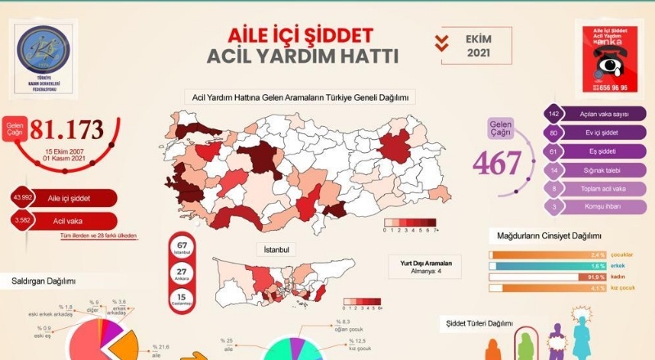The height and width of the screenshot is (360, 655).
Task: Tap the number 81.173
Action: click(67, 129)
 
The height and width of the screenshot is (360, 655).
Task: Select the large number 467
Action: click(497, 163)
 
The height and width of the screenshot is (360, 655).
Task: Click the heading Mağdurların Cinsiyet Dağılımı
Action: click(549, 236)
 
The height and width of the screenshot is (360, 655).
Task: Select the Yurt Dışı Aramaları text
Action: click(422, 262)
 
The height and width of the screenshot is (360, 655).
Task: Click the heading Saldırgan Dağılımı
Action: click(43, 281)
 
